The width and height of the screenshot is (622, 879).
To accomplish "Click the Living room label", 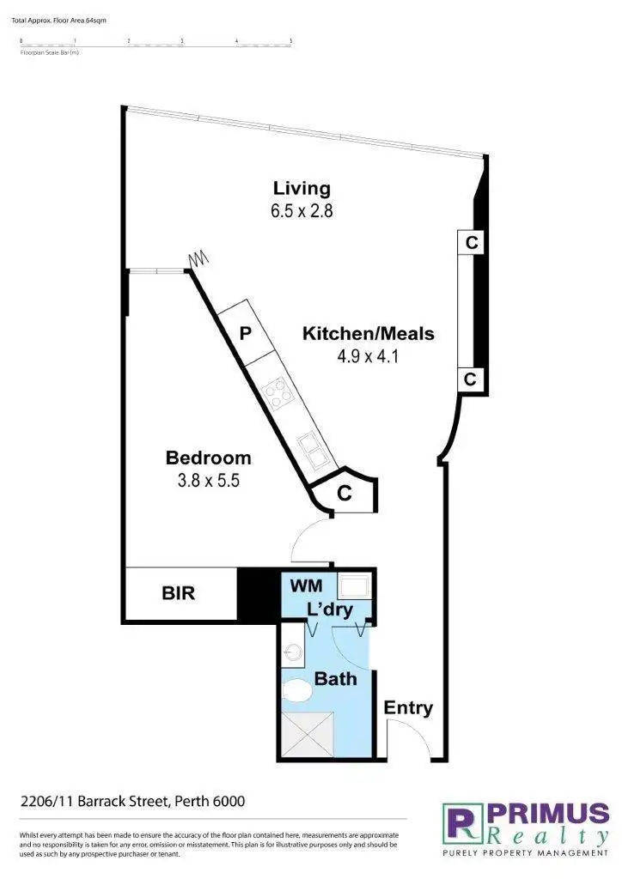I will point(302,188).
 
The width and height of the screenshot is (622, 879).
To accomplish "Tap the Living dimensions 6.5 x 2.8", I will point(302,210).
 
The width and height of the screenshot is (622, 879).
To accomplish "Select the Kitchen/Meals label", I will point(368,334).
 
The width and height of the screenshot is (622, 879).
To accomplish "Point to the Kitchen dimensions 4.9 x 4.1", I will point(368,355).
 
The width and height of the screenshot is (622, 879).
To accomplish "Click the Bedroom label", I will point(208,458).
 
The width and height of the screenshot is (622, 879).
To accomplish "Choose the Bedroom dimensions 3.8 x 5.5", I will point(208,480).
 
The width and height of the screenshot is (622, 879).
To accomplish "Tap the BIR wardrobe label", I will point(179,593).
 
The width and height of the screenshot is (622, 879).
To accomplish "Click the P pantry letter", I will point(245,334).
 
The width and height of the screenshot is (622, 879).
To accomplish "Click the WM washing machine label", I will point(306,586).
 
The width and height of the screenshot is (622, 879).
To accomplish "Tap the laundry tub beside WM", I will point(354,587).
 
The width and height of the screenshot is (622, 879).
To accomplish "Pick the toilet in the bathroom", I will point(298,690).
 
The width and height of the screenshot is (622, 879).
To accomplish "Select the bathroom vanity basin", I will point(293,650).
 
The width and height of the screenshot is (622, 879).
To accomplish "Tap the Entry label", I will point(408,708).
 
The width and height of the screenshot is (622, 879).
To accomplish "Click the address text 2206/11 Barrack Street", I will point(133,802).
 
